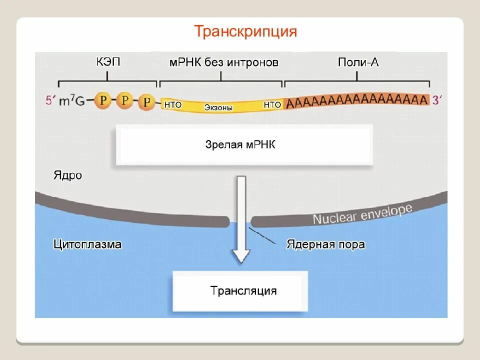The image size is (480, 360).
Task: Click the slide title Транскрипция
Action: (245, 32)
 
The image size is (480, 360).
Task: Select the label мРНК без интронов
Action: (223, 62)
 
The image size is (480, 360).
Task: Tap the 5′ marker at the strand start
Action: (50, 100)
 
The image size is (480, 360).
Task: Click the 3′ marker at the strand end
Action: (437, 100)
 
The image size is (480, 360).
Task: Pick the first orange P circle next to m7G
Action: (102, 100)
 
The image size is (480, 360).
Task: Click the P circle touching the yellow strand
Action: (146, 102)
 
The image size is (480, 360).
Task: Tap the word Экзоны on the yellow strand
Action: (218, 107)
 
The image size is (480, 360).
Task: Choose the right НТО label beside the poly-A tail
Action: (272, 104)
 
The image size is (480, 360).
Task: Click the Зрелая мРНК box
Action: (244, 145)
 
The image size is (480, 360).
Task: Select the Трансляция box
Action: (240, 291)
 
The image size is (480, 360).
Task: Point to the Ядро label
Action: (67, 175)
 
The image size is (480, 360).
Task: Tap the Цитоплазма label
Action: (87, 244)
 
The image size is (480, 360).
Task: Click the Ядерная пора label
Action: (325, 244)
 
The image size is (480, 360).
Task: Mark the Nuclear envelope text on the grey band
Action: (362, 214)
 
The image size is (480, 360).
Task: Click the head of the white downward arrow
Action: (241, 256)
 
